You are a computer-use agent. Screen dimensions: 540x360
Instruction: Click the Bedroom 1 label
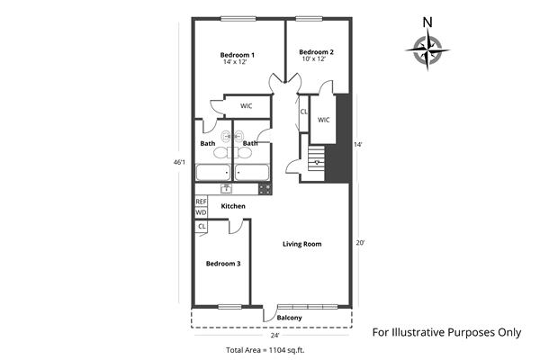coord(238,56)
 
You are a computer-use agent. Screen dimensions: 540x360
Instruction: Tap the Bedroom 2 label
coord(317,52)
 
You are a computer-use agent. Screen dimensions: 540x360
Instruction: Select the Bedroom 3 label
coord(223,264)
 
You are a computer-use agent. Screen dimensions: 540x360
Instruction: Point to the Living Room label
coord(301,244)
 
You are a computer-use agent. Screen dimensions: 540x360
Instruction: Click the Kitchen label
coord(233,207)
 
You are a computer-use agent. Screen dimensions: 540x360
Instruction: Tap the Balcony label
coord(289,318)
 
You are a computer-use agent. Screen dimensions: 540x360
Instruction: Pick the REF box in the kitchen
coord(201,202)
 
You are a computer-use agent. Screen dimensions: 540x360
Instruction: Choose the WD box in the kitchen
coord(201,212)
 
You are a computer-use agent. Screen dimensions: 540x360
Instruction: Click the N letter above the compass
coord(427,22)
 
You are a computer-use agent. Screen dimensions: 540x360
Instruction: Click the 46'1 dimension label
coord(179,162)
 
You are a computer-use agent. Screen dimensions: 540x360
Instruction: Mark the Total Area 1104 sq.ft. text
coord(265,349)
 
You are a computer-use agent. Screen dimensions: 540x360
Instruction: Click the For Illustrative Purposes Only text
coord(446,331)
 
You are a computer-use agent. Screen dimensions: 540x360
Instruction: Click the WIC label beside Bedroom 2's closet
coord(324,120)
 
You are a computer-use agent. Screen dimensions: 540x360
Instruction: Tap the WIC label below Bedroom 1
coord(246,106)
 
